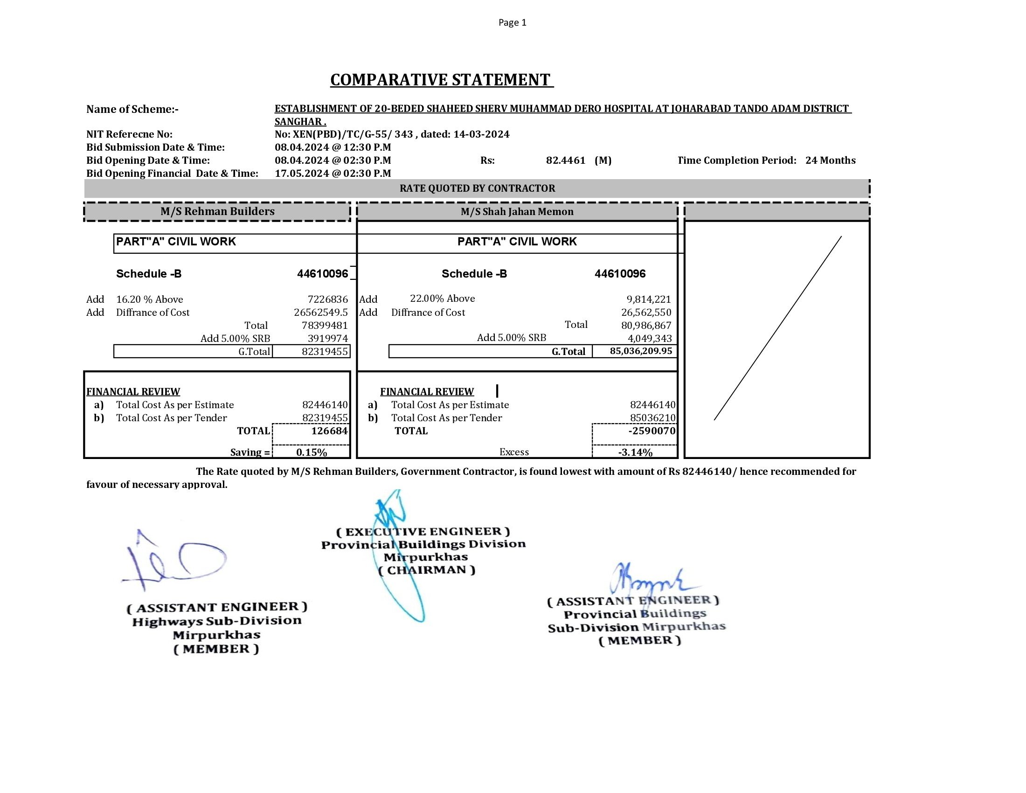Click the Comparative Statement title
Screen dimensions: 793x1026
tap(441, 80)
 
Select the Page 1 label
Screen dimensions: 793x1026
tap(512, 22)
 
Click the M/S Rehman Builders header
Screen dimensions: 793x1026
tap(217, 211)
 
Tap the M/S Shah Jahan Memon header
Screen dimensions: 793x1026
tap(517, 212)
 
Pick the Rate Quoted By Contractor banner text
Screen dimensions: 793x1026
tap(477, 188)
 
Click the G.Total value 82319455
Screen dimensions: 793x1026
tap(325, 351)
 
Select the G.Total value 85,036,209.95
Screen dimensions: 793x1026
tap(641, 351)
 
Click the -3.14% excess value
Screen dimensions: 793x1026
tap(635, 452)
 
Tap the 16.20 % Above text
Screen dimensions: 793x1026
tap(149, 299)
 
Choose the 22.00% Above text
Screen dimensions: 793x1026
tap(442, 299)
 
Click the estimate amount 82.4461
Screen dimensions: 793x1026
tap(565, 160)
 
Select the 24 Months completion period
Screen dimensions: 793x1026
tap(830, 160)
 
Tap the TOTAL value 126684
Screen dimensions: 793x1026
tap(329, 431)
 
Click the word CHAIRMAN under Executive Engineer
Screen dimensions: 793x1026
tap(427, 570)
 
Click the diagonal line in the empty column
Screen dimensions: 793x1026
tap(777, 328)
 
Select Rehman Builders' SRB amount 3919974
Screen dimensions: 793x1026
tap(327, 338)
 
